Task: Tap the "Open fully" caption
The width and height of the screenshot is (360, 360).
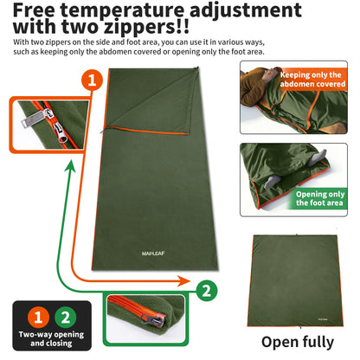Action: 299,341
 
